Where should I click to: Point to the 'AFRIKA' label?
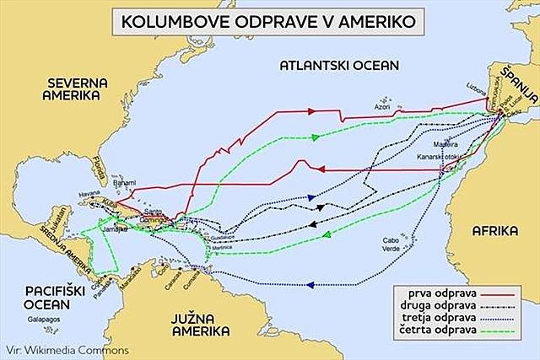click(494, 229)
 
